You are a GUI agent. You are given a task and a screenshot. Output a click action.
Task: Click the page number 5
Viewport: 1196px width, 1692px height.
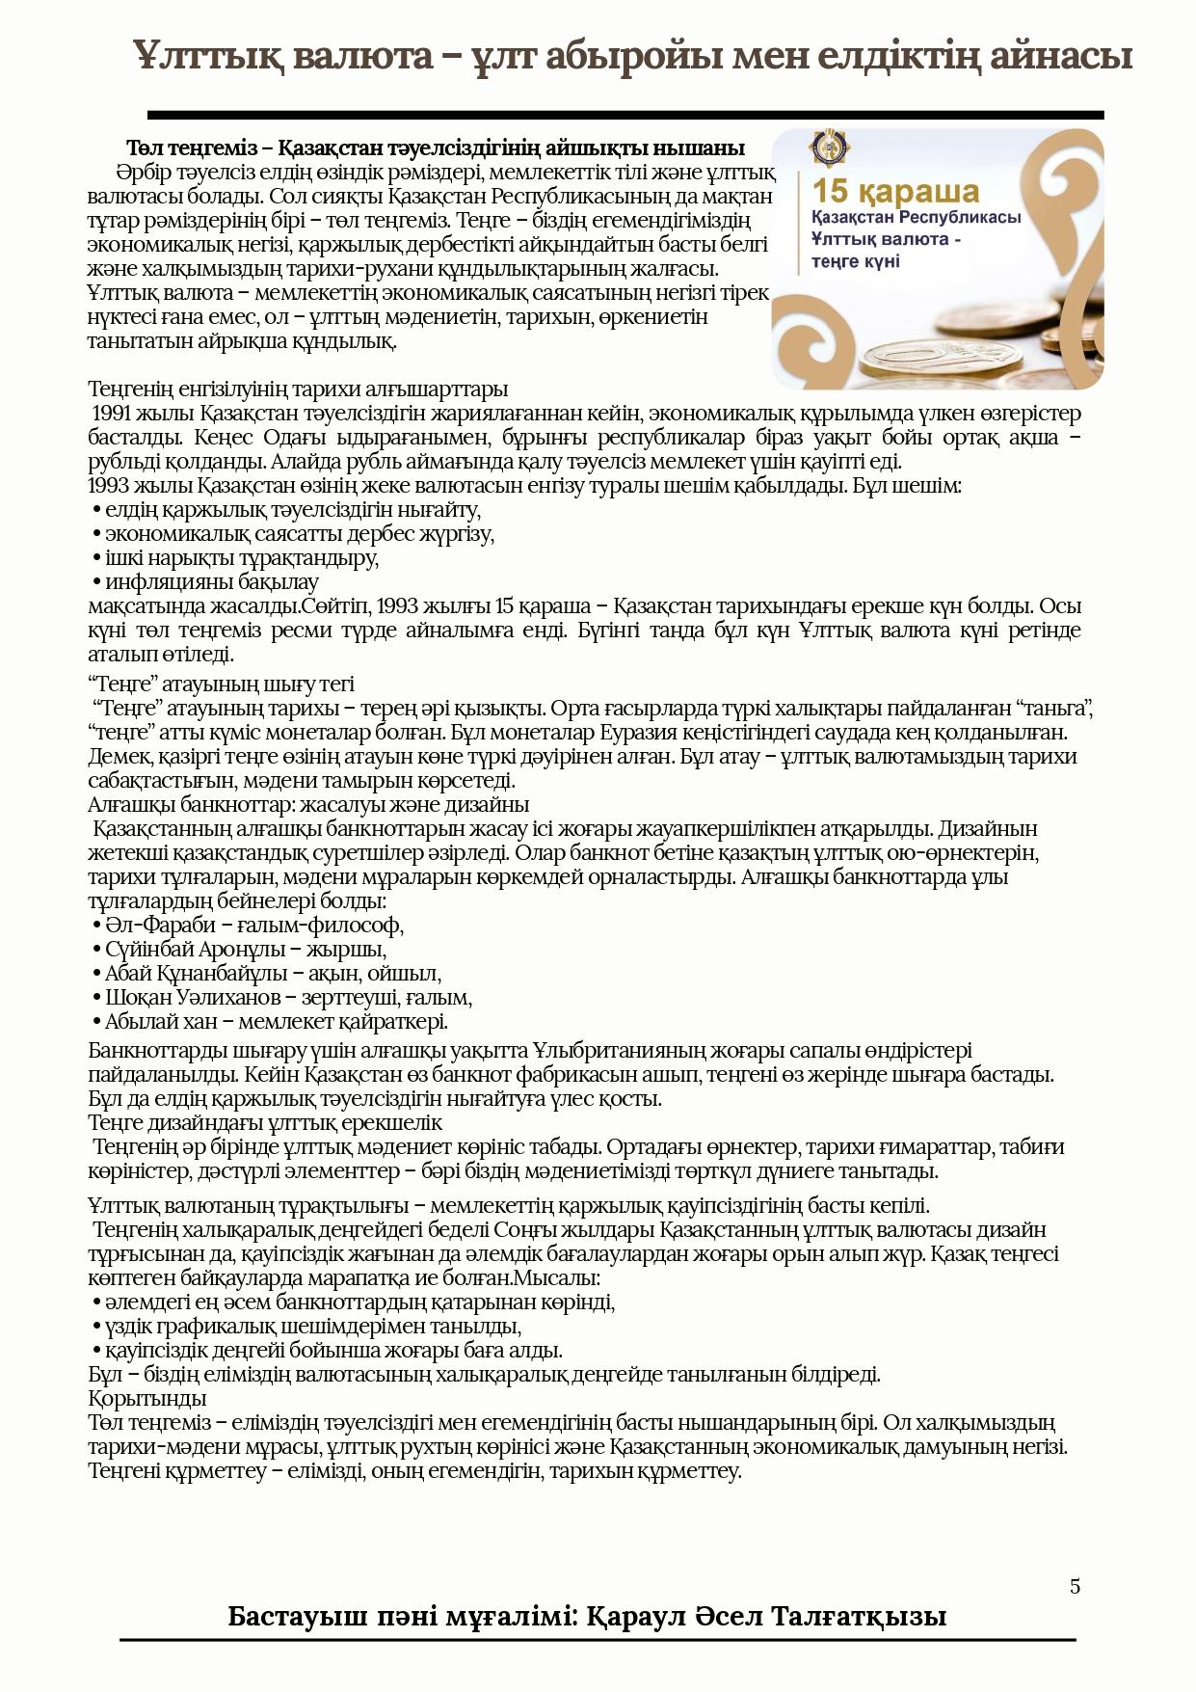(x=1075, y=1586)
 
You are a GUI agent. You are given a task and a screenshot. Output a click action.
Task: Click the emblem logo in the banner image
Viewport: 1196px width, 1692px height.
(x=828, y=148)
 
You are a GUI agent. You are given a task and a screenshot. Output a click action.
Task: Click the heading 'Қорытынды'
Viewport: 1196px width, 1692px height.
(x=147, y=1399)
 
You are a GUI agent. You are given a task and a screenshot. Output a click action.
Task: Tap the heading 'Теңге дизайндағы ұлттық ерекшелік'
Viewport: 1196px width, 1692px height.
(x=265, y=1123)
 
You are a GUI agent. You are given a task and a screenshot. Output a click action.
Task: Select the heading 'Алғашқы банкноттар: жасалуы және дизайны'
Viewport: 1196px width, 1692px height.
(x=308, y=805)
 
